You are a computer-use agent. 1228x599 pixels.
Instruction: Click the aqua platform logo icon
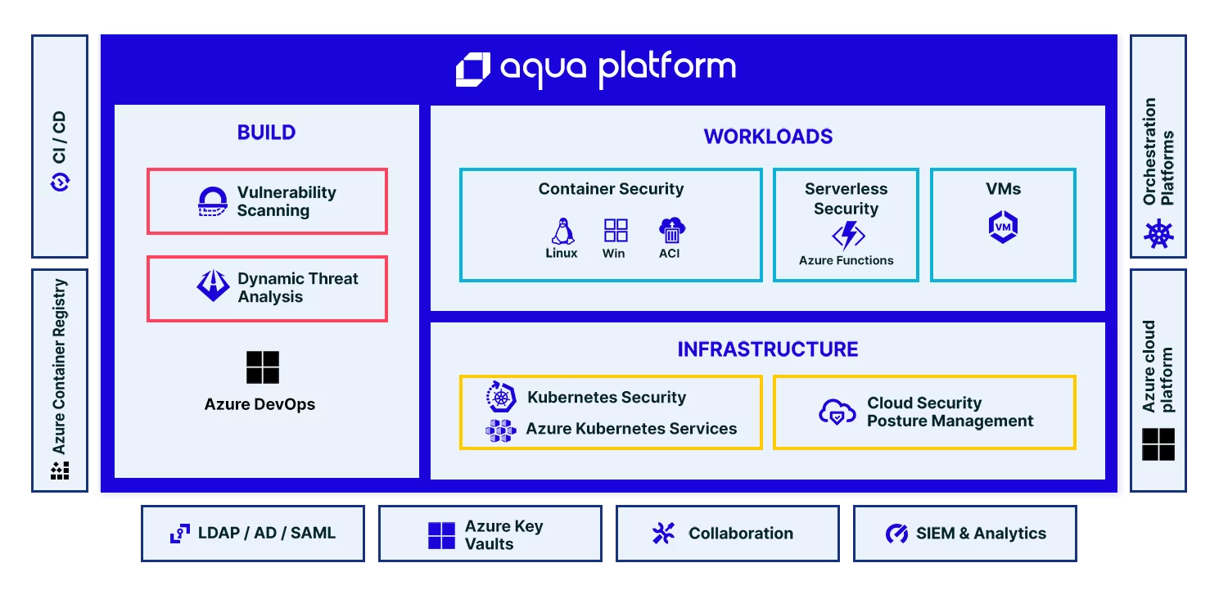click(x=473, y=69)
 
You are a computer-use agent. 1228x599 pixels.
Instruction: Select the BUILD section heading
click(x=266, y=132)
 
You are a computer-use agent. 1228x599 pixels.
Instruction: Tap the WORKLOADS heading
click(x=768, y=137)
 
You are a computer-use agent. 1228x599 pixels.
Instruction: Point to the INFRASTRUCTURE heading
click(x=768, y=349)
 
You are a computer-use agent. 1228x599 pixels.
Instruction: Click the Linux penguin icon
click(x=562, y=232)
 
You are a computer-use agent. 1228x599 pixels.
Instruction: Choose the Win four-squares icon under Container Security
click(x=616, y=230)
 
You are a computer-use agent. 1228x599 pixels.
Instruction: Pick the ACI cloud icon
click(x=671, y=230)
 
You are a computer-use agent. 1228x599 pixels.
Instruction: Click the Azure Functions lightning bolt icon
click(x=848, y=235)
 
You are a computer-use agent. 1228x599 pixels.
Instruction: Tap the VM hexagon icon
click(x=1003, y=227)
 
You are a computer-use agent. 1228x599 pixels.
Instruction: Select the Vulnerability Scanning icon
click(x=212, y=201)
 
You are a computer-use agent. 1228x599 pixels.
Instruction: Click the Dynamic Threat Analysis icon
click(x=213, y=285)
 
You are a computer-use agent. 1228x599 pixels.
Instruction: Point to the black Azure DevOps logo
click(x=263, y=367)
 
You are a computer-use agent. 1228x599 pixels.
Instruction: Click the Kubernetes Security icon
click(x=500, y=396)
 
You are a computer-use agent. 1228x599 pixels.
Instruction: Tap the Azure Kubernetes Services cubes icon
click(x=500, y=430)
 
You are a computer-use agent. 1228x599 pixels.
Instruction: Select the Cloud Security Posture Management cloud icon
click(x=837, y=412)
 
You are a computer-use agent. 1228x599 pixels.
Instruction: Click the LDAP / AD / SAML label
click(x=266, y=533)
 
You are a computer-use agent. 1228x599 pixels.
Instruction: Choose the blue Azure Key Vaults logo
click(x=441, y=535)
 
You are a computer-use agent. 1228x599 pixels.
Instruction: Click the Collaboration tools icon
click(x=663, y=534)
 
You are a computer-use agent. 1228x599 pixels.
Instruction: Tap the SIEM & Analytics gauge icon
click(x=897, y=534)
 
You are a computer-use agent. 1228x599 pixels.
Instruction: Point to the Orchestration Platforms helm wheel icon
click(x=1158, y=234)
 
